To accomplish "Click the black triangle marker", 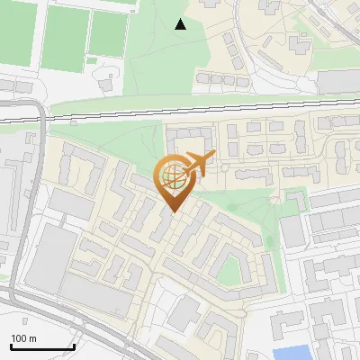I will point(181,24).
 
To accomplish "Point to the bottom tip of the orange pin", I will point(173,212).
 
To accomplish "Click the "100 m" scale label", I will point(23,338).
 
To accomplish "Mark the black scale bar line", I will point(42,346).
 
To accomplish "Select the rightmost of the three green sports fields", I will point(109,33).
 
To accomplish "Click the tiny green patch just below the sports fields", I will point(91,61).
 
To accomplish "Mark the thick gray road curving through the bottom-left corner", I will point(54,310).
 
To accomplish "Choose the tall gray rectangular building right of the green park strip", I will point(293,232).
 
